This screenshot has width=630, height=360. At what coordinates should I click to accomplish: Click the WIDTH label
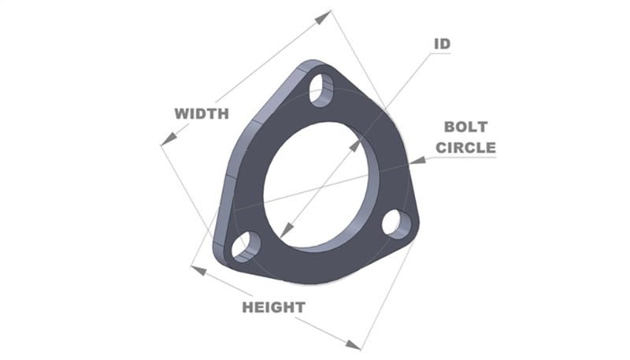(x=202, y=113)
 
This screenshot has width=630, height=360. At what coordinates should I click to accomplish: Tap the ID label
(x=442, y=43)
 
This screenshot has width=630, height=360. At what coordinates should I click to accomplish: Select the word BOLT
(x=466, y=126)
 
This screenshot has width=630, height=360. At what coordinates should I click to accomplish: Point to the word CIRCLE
(x=467, y=147)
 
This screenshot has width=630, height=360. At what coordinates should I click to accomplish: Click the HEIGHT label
(x=273, y=306)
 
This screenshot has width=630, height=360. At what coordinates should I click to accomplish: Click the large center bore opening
(x=315, y=181)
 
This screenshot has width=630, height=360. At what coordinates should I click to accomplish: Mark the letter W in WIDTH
(x=180, y=113)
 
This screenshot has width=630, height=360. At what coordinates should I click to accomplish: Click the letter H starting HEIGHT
(x=247, y=306)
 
